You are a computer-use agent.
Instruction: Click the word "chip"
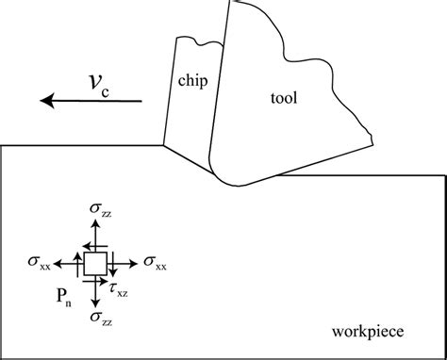click(192, 81)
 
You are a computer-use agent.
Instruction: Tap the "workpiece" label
click(368, 331)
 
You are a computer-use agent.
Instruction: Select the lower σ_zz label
click(97, 318)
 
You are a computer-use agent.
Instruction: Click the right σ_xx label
click(155, 264)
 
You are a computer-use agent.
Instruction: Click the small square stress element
click(96, 264)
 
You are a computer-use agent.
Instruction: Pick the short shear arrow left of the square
click(79, 263)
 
